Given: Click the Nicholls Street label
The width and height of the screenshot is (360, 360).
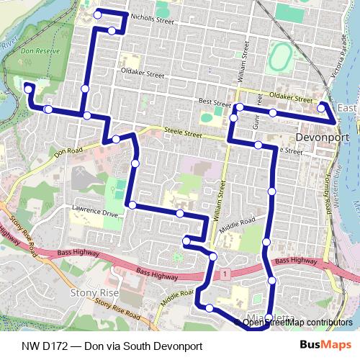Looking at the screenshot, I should pos(153,22).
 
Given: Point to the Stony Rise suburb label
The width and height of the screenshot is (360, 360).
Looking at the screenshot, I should pos(92,293).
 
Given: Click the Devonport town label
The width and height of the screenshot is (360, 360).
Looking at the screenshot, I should pos(323,137).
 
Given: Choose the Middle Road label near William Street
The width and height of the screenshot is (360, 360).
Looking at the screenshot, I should pos(238,225).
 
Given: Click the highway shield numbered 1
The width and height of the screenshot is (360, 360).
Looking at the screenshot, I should pos(225,274).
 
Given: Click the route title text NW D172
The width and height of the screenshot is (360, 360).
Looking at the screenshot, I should pos(111,346).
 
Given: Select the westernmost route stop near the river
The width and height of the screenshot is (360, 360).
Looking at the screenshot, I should pos(27,88).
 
